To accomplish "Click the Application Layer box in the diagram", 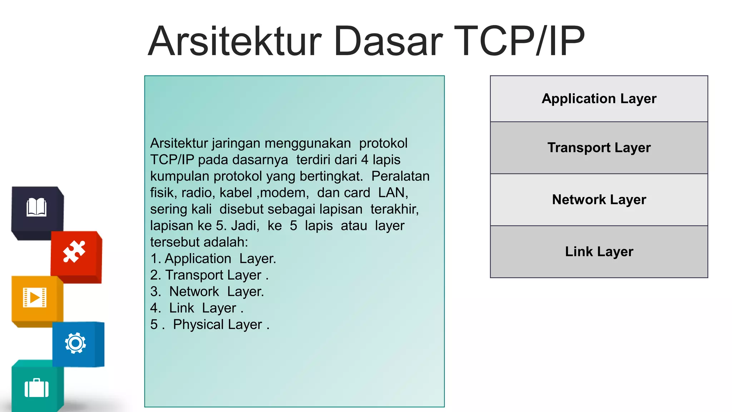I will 599,99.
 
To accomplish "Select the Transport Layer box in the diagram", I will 599,148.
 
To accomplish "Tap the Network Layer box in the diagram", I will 599,200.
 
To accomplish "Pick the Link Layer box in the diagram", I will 599,251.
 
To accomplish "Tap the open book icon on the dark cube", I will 36,207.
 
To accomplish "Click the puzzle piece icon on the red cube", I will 74,252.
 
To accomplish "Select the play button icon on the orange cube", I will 35,298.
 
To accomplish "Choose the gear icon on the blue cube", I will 75,343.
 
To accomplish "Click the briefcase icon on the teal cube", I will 36,388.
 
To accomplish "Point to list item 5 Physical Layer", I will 210,325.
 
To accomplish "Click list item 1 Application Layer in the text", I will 213,259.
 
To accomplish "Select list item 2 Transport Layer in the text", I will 209,275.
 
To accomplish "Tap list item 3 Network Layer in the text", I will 207,291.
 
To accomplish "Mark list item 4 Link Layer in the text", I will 197,308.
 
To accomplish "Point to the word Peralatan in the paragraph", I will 400,176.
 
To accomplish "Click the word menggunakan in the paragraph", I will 308,143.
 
